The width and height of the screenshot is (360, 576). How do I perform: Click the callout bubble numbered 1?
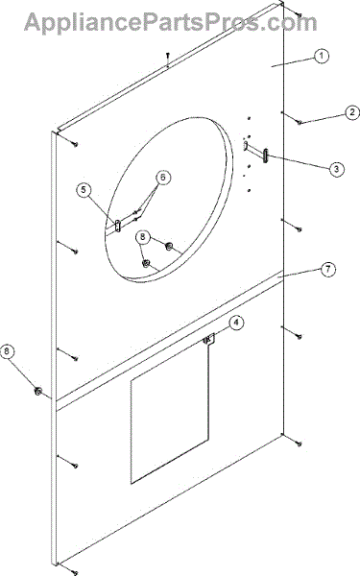click(x=322, y=56)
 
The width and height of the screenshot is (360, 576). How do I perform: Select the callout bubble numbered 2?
click(x=352, y=112)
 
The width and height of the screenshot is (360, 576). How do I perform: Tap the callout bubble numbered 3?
click(x=337, y=169)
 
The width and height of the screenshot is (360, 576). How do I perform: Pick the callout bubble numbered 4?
click(x=236, y=323)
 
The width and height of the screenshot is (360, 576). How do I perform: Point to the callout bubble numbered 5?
click(x=84, y=190)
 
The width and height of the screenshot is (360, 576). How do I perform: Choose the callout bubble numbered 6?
click(x=163, y=178)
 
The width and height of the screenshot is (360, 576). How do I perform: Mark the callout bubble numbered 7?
click(x=328, y=269)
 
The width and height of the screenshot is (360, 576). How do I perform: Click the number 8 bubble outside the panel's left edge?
click(x=7, y=351)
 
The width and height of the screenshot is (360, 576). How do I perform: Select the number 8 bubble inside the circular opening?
click(x=143, y=236)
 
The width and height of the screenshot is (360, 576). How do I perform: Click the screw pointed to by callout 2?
click(x=300, y=122)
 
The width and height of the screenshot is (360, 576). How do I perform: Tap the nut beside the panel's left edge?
click(x=37, y=392)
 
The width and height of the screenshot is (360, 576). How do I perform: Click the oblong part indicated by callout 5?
click(x=117, y=226)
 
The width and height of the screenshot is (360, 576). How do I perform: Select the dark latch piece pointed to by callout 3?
click(x=266, y=155)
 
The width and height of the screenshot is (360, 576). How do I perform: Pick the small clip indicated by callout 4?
click(x=209, y=339)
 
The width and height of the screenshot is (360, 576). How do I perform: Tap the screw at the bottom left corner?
click(x=75, y=572)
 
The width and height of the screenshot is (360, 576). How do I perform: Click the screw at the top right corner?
click(x=300, y=15)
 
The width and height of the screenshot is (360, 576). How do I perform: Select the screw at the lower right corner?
click(x=300, y=444)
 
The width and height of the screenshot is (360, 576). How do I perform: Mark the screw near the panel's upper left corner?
click(x=75, y=144)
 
